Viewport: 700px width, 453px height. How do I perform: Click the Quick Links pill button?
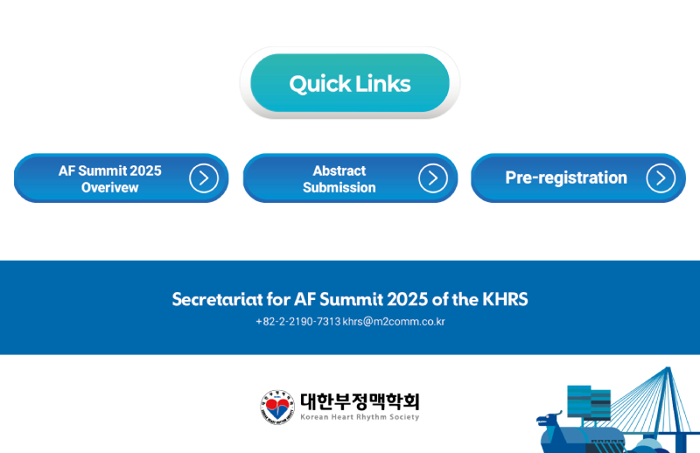point(350,83)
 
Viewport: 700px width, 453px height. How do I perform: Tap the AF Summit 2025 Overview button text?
point(110,179)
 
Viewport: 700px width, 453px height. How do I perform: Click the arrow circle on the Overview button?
point(204,178)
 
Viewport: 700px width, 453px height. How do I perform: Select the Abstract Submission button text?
point(339,179)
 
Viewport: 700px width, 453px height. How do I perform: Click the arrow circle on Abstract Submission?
point(433,178)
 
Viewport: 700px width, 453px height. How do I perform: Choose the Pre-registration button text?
point(566,178)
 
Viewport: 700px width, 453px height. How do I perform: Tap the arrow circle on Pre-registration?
point(661,178)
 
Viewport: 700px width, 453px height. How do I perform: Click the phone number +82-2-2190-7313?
point(298,322)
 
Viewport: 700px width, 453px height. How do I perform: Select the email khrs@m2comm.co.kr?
point(394,322)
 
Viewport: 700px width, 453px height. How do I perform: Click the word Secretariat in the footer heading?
point(217,299)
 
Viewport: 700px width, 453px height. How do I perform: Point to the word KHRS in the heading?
point(505,299)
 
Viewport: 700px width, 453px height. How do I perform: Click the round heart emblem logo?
point(277,407)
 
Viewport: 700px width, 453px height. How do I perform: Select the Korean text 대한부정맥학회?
point(360,401)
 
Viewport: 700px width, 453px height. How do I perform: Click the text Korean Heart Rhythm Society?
point(360,417)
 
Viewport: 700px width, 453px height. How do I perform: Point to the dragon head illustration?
point(549,420)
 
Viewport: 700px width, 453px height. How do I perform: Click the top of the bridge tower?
point(668,368)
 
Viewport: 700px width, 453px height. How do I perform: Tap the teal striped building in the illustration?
point(589,402)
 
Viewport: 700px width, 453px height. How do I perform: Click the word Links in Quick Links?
point(383,83)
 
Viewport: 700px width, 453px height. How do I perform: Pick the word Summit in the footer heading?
point(352,299)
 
